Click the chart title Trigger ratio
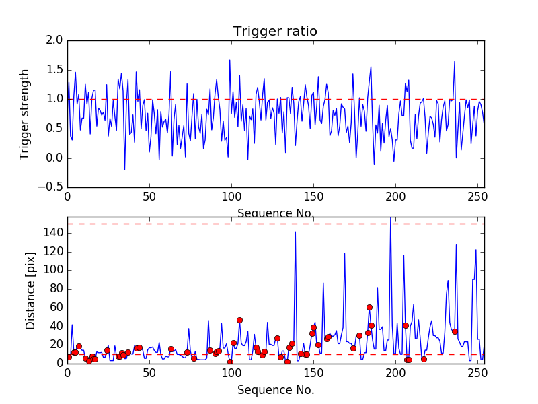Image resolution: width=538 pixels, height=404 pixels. pos(275,32)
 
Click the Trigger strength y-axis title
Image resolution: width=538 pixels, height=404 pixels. pos(25,114)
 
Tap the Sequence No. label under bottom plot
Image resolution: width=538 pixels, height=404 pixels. pos(275,390)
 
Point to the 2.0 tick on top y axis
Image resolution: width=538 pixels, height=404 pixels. pos(55,40)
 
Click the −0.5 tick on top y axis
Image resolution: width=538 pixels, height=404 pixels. pos(52,187)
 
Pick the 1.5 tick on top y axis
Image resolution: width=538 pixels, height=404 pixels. pos(55,70)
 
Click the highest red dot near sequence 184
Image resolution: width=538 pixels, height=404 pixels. pos(369,307)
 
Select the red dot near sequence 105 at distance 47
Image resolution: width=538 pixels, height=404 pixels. pos(239,320)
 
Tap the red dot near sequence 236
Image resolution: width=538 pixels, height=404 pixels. pos(455,331)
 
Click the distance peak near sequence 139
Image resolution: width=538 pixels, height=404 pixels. pos(295,232)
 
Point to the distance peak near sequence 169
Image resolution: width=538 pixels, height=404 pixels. pos(344,253)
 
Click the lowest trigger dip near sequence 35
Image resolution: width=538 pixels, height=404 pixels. pos(124,169)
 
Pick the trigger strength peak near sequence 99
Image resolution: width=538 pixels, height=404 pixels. pos(229,60)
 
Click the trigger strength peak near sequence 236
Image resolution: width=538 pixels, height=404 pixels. pos(455,61)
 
